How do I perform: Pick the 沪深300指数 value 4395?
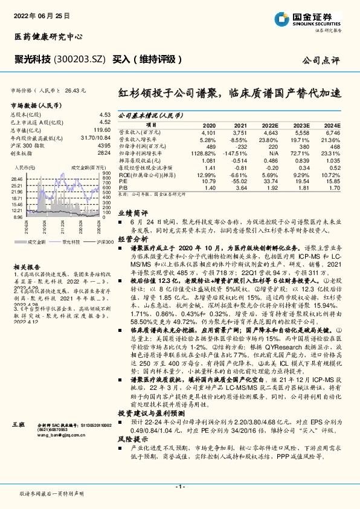tap(104, 146)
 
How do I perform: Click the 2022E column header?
tap(269, 125)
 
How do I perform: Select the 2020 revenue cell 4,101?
tap(208, 132)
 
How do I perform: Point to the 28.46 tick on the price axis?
tap(17, 179)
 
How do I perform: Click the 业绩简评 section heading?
tap(132, 230)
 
